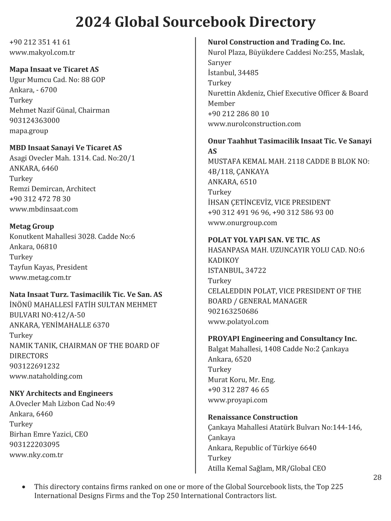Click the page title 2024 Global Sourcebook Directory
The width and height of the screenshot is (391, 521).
(x=195, y=22)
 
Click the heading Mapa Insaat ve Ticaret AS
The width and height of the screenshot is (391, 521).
(x=54, y=69)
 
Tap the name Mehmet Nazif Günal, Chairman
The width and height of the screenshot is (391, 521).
(x=60, y=110)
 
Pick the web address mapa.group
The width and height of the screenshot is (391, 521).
(x=29, y=131)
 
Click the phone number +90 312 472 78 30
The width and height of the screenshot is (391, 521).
(x=40, y=199)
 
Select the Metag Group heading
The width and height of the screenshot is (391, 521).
(x=32, y=226)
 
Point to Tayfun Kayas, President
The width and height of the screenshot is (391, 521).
(x=48, y=267)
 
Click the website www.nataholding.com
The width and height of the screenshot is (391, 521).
(x=46, y=376)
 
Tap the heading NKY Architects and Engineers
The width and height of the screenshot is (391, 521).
(x=61, y=393)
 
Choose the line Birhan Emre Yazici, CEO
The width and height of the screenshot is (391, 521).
(x=49, y=434)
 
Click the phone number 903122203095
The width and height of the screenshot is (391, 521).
(x=35, y=444)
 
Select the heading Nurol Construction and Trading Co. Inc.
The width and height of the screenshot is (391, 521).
(x=276, y=42)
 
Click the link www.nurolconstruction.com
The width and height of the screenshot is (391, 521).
(x=254, y=124)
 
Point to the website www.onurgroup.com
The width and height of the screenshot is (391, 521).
(x=242, y=223)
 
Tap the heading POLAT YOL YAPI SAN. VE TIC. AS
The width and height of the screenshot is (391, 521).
(x=264, y=240)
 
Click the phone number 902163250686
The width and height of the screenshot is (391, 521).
(x=233, y=312)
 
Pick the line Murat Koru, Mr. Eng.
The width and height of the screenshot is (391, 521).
(x=241, y=380)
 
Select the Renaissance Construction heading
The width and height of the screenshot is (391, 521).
(x=253, y=417)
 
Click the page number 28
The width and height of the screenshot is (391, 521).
(x=377, y=478)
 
